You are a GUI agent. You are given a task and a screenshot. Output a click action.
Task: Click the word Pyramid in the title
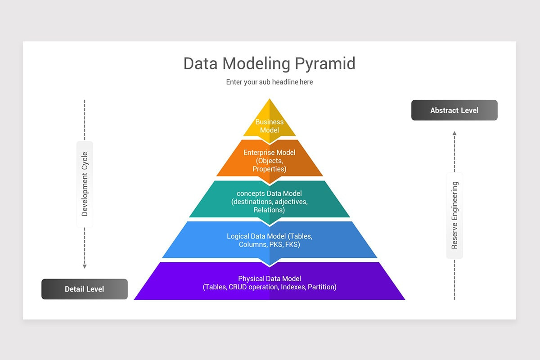pos(325,63)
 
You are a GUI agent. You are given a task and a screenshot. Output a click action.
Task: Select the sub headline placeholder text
pos(270,82)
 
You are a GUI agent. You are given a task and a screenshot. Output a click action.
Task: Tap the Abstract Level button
pos(454,110)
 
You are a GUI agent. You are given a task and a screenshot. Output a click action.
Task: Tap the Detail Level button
pos(85,289)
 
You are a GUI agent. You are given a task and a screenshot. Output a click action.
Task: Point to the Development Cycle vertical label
pos(85,184)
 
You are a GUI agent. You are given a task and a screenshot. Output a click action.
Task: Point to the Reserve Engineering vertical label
pos(454,215)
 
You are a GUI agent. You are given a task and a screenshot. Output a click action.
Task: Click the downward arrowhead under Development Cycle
pos(85,266)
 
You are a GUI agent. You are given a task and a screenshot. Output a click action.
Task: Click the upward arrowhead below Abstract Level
pos(454,133)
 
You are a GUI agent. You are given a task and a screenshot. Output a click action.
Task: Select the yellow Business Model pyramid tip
pos(270,121)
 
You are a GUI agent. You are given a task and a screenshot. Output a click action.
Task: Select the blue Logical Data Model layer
pos(270,240)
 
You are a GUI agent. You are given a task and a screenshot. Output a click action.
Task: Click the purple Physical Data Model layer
pos(270,282)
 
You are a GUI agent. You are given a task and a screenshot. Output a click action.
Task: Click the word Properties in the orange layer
pos(270,169)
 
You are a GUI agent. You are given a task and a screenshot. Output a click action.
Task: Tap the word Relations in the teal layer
pos(270,210)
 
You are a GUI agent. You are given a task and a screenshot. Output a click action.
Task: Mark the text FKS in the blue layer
pos(292,245)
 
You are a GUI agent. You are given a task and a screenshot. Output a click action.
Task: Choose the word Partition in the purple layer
pos(322,287)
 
